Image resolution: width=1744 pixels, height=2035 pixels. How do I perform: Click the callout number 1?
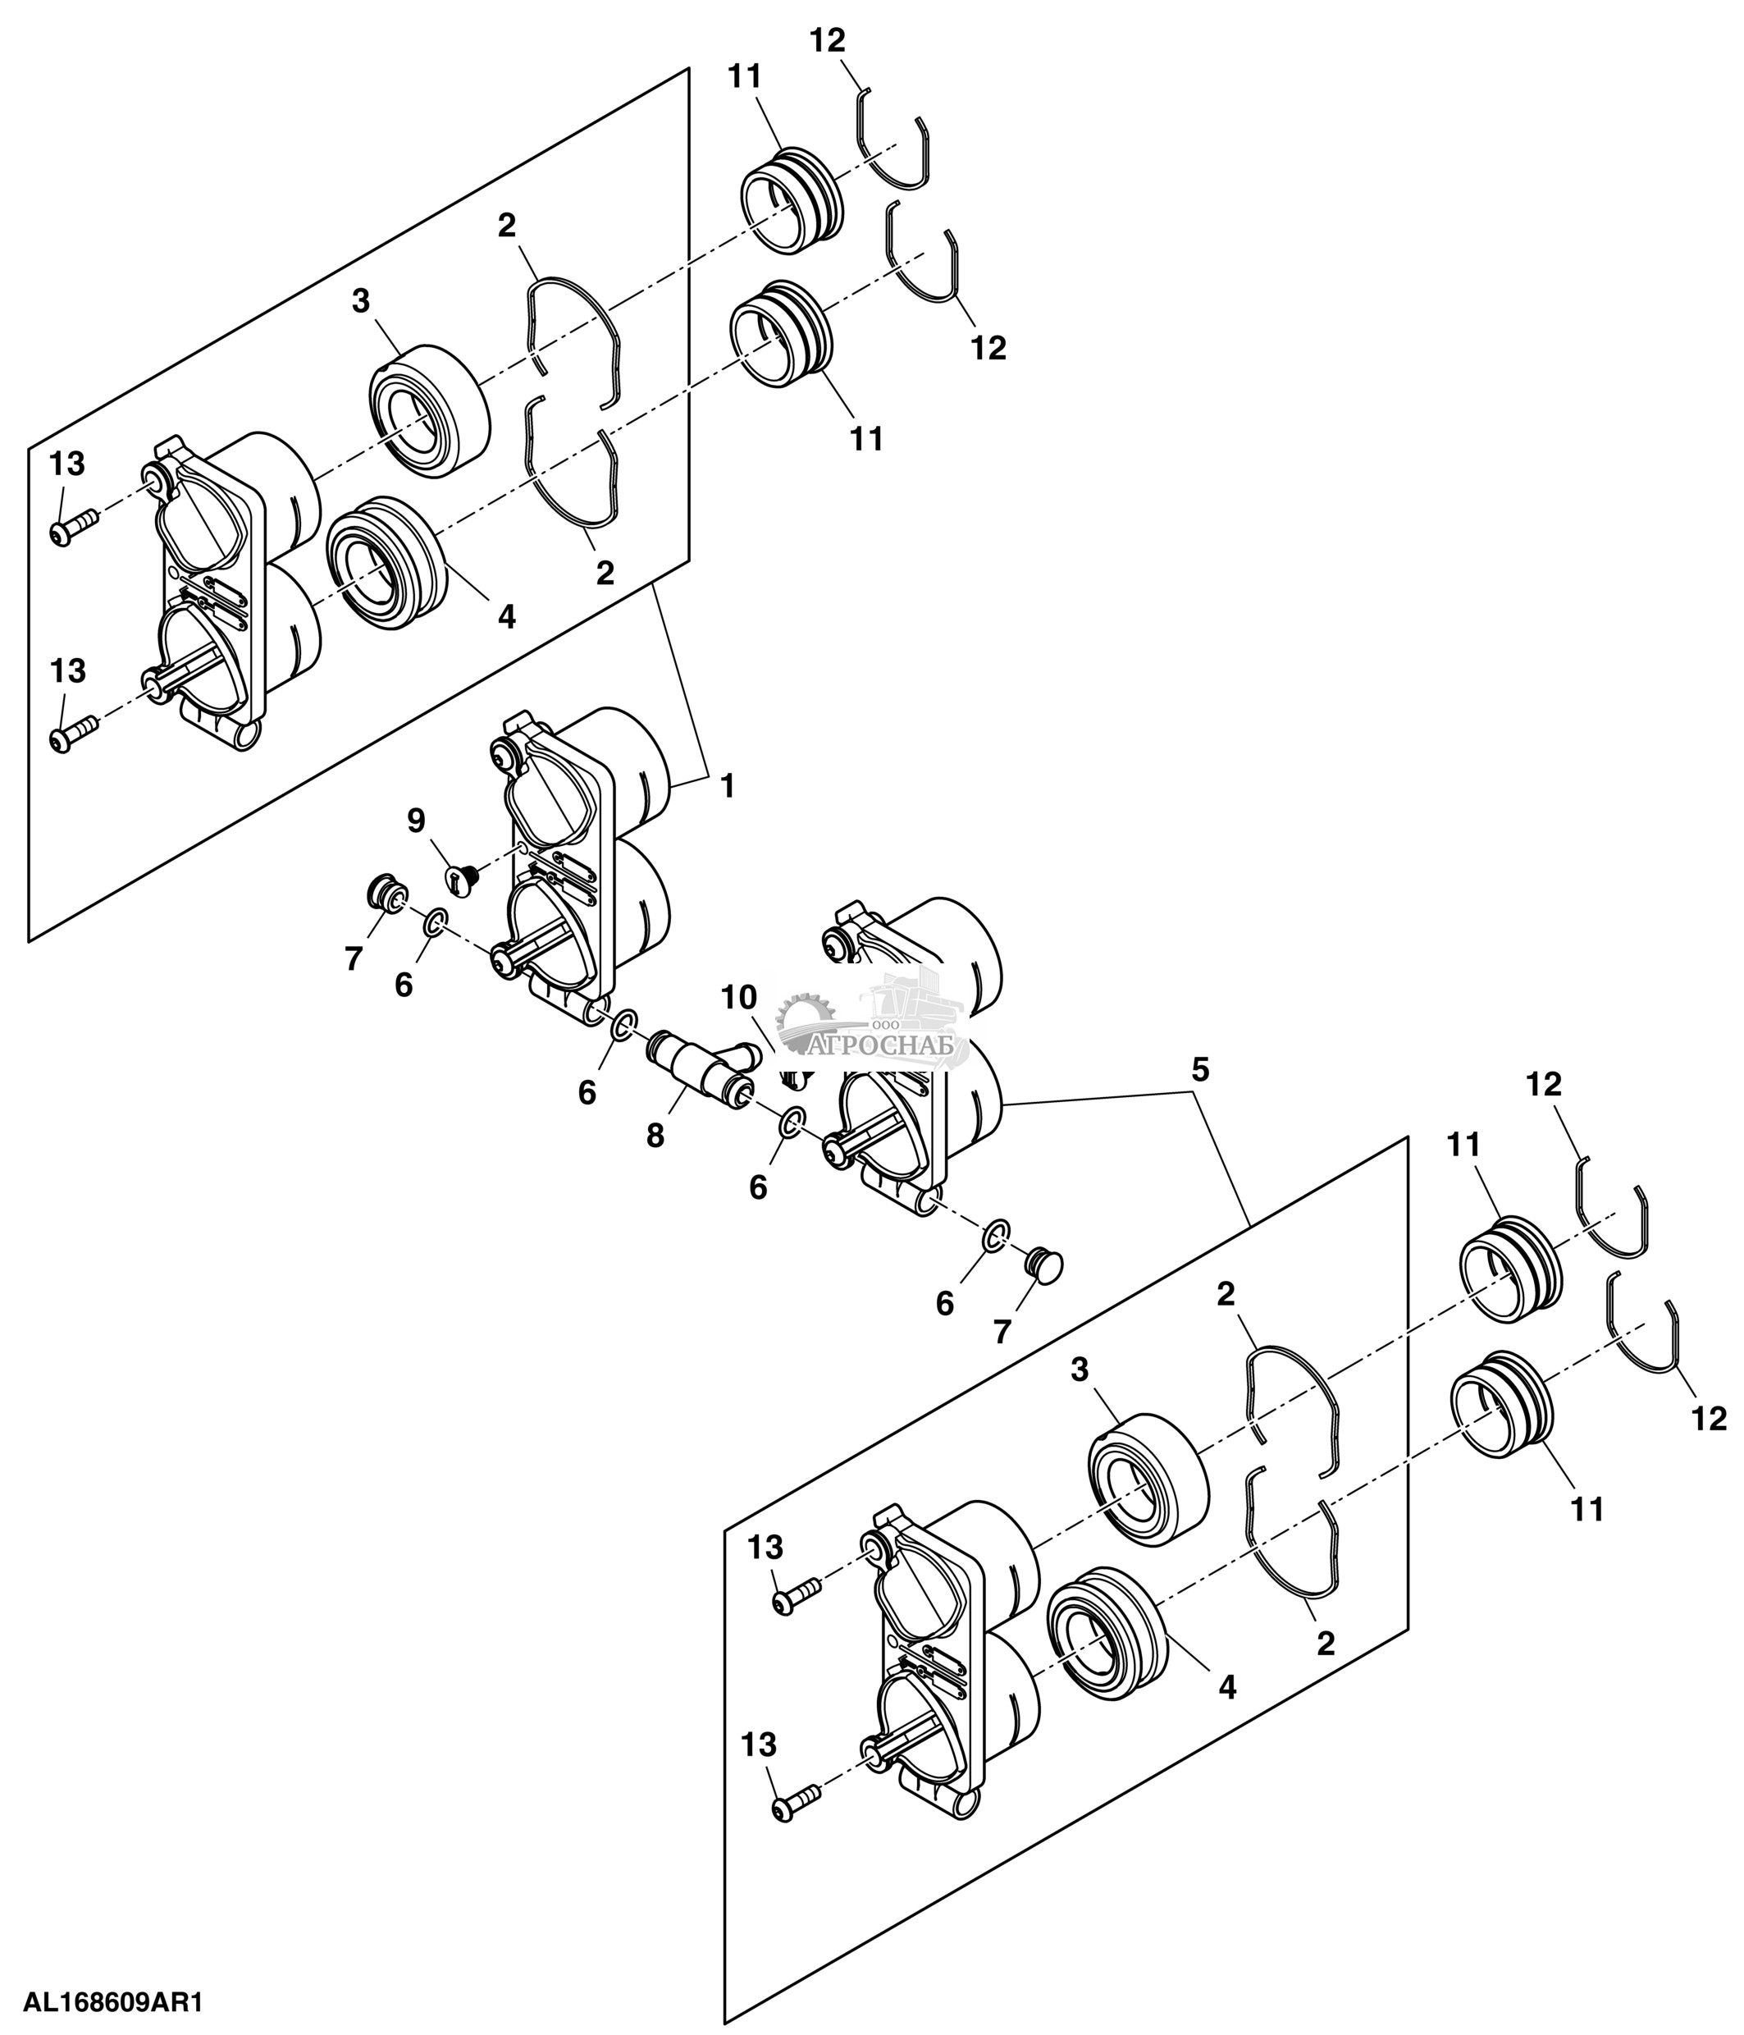pos(728,786)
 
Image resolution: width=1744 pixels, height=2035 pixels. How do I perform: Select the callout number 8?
pos(655,1136)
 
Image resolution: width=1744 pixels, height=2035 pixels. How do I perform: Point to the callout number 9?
pos(417,821)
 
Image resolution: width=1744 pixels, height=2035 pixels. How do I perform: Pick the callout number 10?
pos(738,998)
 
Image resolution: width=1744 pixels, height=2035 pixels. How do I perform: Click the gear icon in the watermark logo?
pos(806,1022)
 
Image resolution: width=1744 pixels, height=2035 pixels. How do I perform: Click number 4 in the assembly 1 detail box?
pos(507,617)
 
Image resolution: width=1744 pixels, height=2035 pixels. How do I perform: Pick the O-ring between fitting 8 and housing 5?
pos(793,1122)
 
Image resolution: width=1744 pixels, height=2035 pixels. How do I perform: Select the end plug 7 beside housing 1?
pos(384,894)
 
